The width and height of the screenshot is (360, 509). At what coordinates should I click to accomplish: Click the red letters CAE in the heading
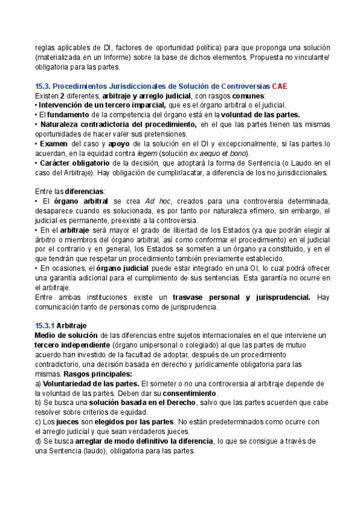tap(280, 86)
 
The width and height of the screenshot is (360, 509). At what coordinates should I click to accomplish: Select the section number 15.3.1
tap(44, 325)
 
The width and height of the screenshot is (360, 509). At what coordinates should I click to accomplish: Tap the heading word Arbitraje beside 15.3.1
tap(71, 325)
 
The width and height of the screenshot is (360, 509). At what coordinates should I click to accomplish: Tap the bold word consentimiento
tap(187, 393)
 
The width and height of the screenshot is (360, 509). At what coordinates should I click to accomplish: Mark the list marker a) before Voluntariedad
tap(38, 384)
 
